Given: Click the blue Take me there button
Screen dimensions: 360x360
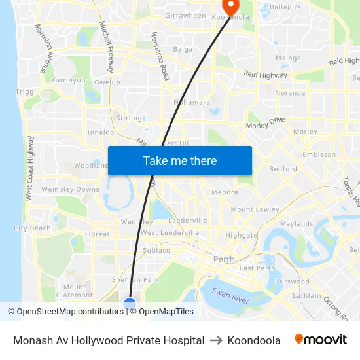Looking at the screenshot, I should (x=179, y=160).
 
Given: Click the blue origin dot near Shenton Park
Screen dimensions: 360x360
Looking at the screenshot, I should (x=130, y=303).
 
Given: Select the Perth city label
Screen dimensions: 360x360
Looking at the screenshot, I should (x=224, y=259).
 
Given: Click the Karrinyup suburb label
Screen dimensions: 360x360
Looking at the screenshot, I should (x=68, y=80).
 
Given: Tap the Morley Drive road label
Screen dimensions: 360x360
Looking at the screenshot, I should (x=265, y=122).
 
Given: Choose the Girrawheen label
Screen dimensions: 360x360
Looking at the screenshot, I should (x=185, y=15).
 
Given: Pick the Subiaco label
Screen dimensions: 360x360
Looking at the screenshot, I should (x=156, y=250).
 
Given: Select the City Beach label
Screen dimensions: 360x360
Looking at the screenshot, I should (x=32, y=228).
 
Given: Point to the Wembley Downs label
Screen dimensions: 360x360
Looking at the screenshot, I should (x=70, y=189).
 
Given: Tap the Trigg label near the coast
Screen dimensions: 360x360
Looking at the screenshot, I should (x=24, y=92).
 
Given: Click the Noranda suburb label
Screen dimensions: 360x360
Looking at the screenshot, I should (x=290, y=93).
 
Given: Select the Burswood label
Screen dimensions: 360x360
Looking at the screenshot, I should (x=292, y=281).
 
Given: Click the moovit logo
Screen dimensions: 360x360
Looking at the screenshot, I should (x=320, y=340).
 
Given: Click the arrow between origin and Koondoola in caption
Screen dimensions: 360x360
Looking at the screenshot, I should (x=216, y=340).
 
